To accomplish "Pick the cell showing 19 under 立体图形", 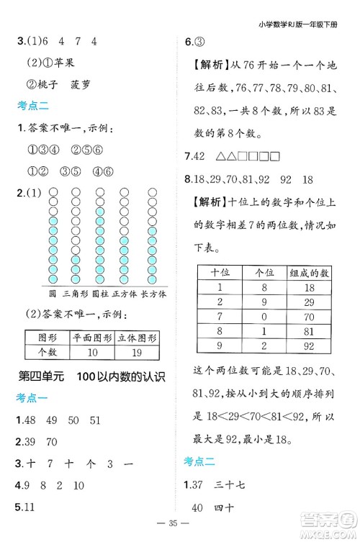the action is (137, 351).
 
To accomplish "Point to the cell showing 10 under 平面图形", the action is (91, 351).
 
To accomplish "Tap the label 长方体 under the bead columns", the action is (153, 294).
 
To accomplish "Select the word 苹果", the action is (66, 62).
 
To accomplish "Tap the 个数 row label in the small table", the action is (47, 351).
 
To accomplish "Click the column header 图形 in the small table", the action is (47, 337).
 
